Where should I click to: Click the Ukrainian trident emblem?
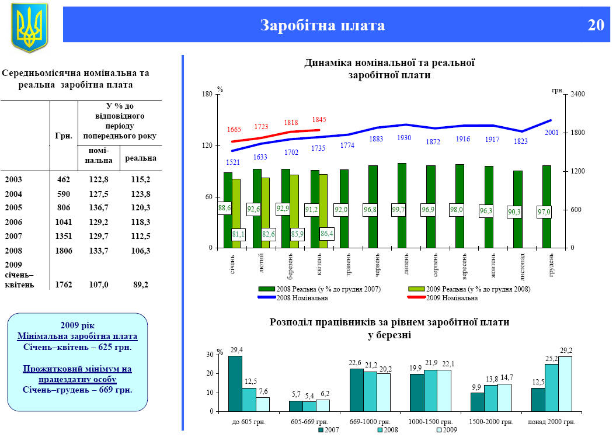(x=29, y=27)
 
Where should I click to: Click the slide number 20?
(x=596, y=25)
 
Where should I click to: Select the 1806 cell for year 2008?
(x=64, y=251)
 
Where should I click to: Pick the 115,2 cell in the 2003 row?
(x=140, y=179)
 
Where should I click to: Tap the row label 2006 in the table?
(x=14, y=222)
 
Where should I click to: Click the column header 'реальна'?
(x=140, y=158)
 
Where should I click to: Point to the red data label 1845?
(x=319, y=120)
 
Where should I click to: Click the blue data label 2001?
(x=552, y=133)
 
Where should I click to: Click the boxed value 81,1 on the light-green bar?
(x=238, y=234)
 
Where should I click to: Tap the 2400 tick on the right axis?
(x=577, y=94)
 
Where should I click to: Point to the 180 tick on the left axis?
(x=206, y=94)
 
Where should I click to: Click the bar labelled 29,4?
(x=235, y=383)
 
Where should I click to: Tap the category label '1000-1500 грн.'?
(x=431, y=421)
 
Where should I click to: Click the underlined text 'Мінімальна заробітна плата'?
(x=78, y=337)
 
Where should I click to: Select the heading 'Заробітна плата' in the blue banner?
(x=322, y=26)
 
